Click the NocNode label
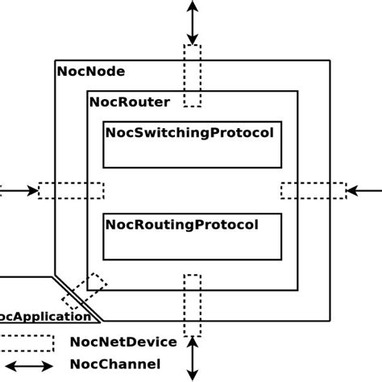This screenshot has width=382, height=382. [91, 71]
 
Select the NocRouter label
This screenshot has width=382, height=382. [129, 102]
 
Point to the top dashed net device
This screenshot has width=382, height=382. [192, 75]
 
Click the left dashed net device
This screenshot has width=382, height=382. [71, 191]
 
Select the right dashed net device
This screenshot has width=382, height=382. [313, 191]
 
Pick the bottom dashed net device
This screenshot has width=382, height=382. [192, 305]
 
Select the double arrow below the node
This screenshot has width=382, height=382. [192, 358]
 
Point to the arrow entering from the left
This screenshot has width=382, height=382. [18, 191]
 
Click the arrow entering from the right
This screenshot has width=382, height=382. [364, 191]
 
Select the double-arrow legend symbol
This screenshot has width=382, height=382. [26, 365]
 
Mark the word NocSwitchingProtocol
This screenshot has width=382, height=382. [189, 132]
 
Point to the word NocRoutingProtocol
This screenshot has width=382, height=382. [182, 224]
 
